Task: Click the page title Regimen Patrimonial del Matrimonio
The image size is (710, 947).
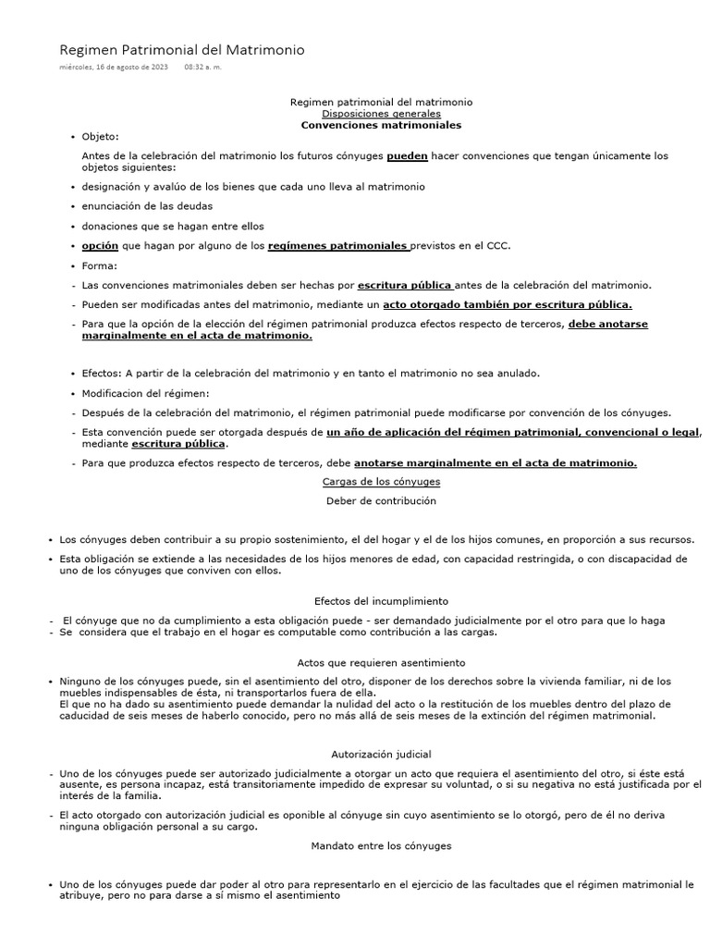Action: [x=181, y=49]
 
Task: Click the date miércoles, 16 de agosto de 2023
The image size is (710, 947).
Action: [x=114, y=68]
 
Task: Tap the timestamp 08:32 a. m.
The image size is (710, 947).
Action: [x=202, y=68]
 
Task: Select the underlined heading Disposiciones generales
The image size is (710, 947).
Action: [x=381, y=113]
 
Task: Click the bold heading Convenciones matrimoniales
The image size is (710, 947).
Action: [x=381, y=124]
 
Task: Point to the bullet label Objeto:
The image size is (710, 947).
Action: [x=101, y=136]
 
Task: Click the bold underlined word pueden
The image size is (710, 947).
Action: [x=407, y=155]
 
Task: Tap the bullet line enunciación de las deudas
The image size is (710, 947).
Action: [x=147, y=205]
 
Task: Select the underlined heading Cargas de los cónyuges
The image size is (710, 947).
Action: [x=381, y=482]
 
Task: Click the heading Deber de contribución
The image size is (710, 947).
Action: [x=381, y=500]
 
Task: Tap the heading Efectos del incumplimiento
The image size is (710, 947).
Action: [x=381, y=600]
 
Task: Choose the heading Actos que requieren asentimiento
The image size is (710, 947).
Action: [x=381, y=662]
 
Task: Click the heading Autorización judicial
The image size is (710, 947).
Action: [x=381, y=754]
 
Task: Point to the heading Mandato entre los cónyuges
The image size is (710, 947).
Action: [x=381, y=844]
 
